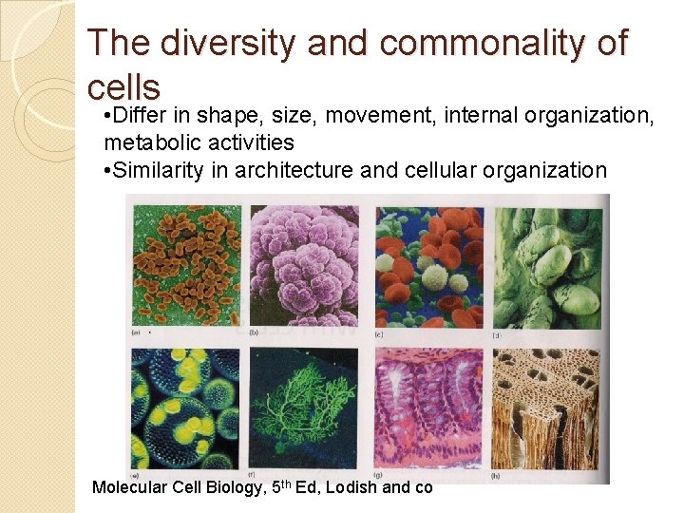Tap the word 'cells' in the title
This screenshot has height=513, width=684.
[123, 86]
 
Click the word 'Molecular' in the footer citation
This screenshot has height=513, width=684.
[129, 486]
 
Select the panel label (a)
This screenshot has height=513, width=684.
[137, 332]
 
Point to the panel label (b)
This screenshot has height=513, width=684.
[255, 332]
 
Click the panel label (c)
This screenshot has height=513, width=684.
[380, 332]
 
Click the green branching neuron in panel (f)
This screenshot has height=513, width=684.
[302, 408]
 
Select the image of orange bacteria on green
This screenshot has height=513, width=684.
[186, 264]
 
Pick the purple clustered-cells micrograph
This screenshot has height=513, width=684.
[303, 264]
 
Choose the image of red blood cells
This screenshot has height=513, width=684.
[428, 264]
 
